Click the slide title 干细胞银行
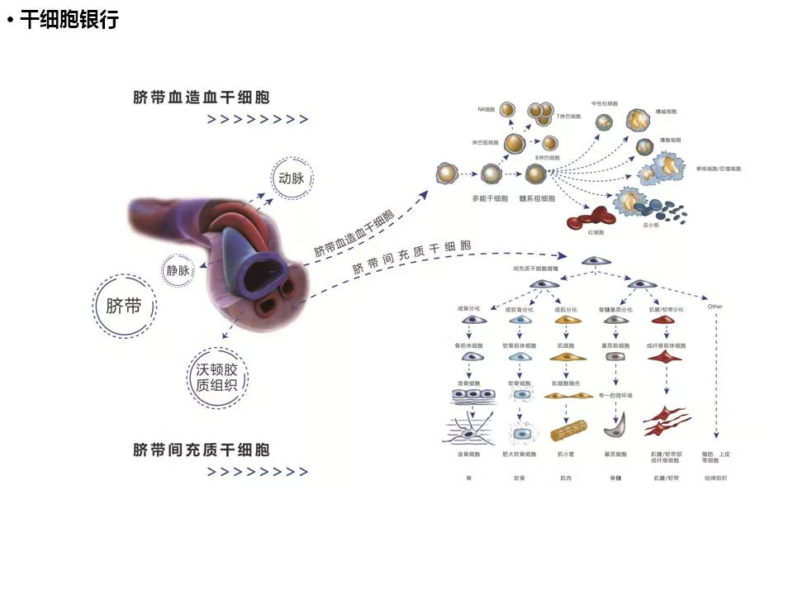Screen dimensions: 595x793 pos(69,21)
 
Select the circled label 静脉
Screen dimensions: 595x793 pos(178,270)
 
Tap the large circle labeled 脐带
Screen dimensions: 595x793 pos(124,307)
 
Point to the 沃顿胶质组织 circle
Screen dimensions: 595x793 pos(217,378)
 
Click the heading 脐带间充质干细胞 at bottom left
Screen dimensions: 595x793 pos(201,450)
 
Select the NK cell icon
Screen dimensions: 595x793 pos(509,111)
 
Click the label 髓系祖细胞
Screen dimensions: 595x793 pos(536,198)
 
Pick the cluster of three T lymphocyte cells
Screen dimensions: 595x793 pos(540,111)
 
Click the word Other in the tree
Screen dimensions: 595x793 pos(715,307)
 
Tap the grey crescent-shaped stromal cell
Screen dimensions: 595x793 pos(614,430)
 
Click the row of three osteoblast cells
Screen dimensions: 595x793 pos(472,396)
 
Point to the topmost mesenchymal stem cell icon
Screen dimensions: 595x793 pos(591,260)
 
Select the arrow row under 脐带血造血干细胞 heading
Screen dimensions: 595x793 pos(257,120)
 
